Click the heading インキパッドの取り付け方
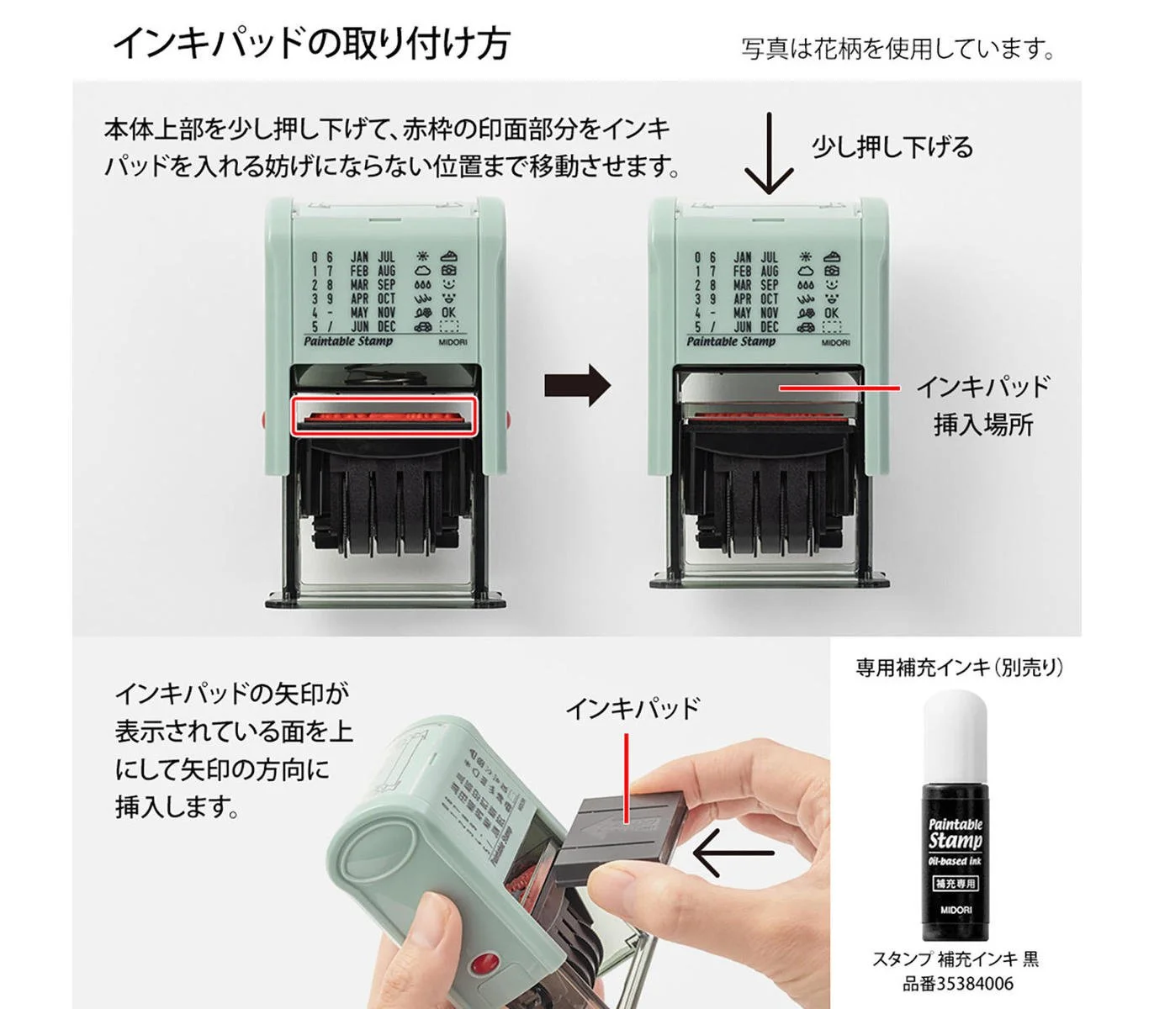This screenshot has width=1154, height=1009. pyautogui.click(x=311, y=42)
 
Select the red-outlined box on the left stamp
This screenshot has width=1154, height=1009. pyautogui.click(x=384, y=416)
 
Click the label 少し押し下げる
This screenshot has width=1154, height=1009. pyautogui.click(x=892, y=147)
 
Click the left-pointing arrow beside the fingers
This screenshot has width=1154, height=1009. pyautogui.click(x=733, y=853)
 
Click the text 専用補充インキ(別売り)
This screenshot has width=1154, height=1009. pyautogui.click(x=959, y=668)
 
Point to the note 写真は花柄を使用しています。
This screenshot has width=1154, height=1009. pyautogui.click(x=897, y=49)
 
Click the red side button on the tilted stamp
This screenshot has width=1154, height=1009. pyautogui.click(x=483, y=964)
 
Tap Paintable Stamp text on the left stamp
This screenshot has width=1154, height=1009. pyautogui.click(x=347, y=341)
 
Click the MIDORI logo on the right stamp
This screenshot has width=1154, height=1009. pyautogui.click(x=835, y=343)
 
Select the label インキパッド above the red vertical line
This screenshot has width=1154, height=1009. pyautogui.click(x=632, y=708)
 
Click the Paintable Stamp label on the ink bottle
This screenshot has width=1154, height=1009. pyautogui.click(x=955, y=832)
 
